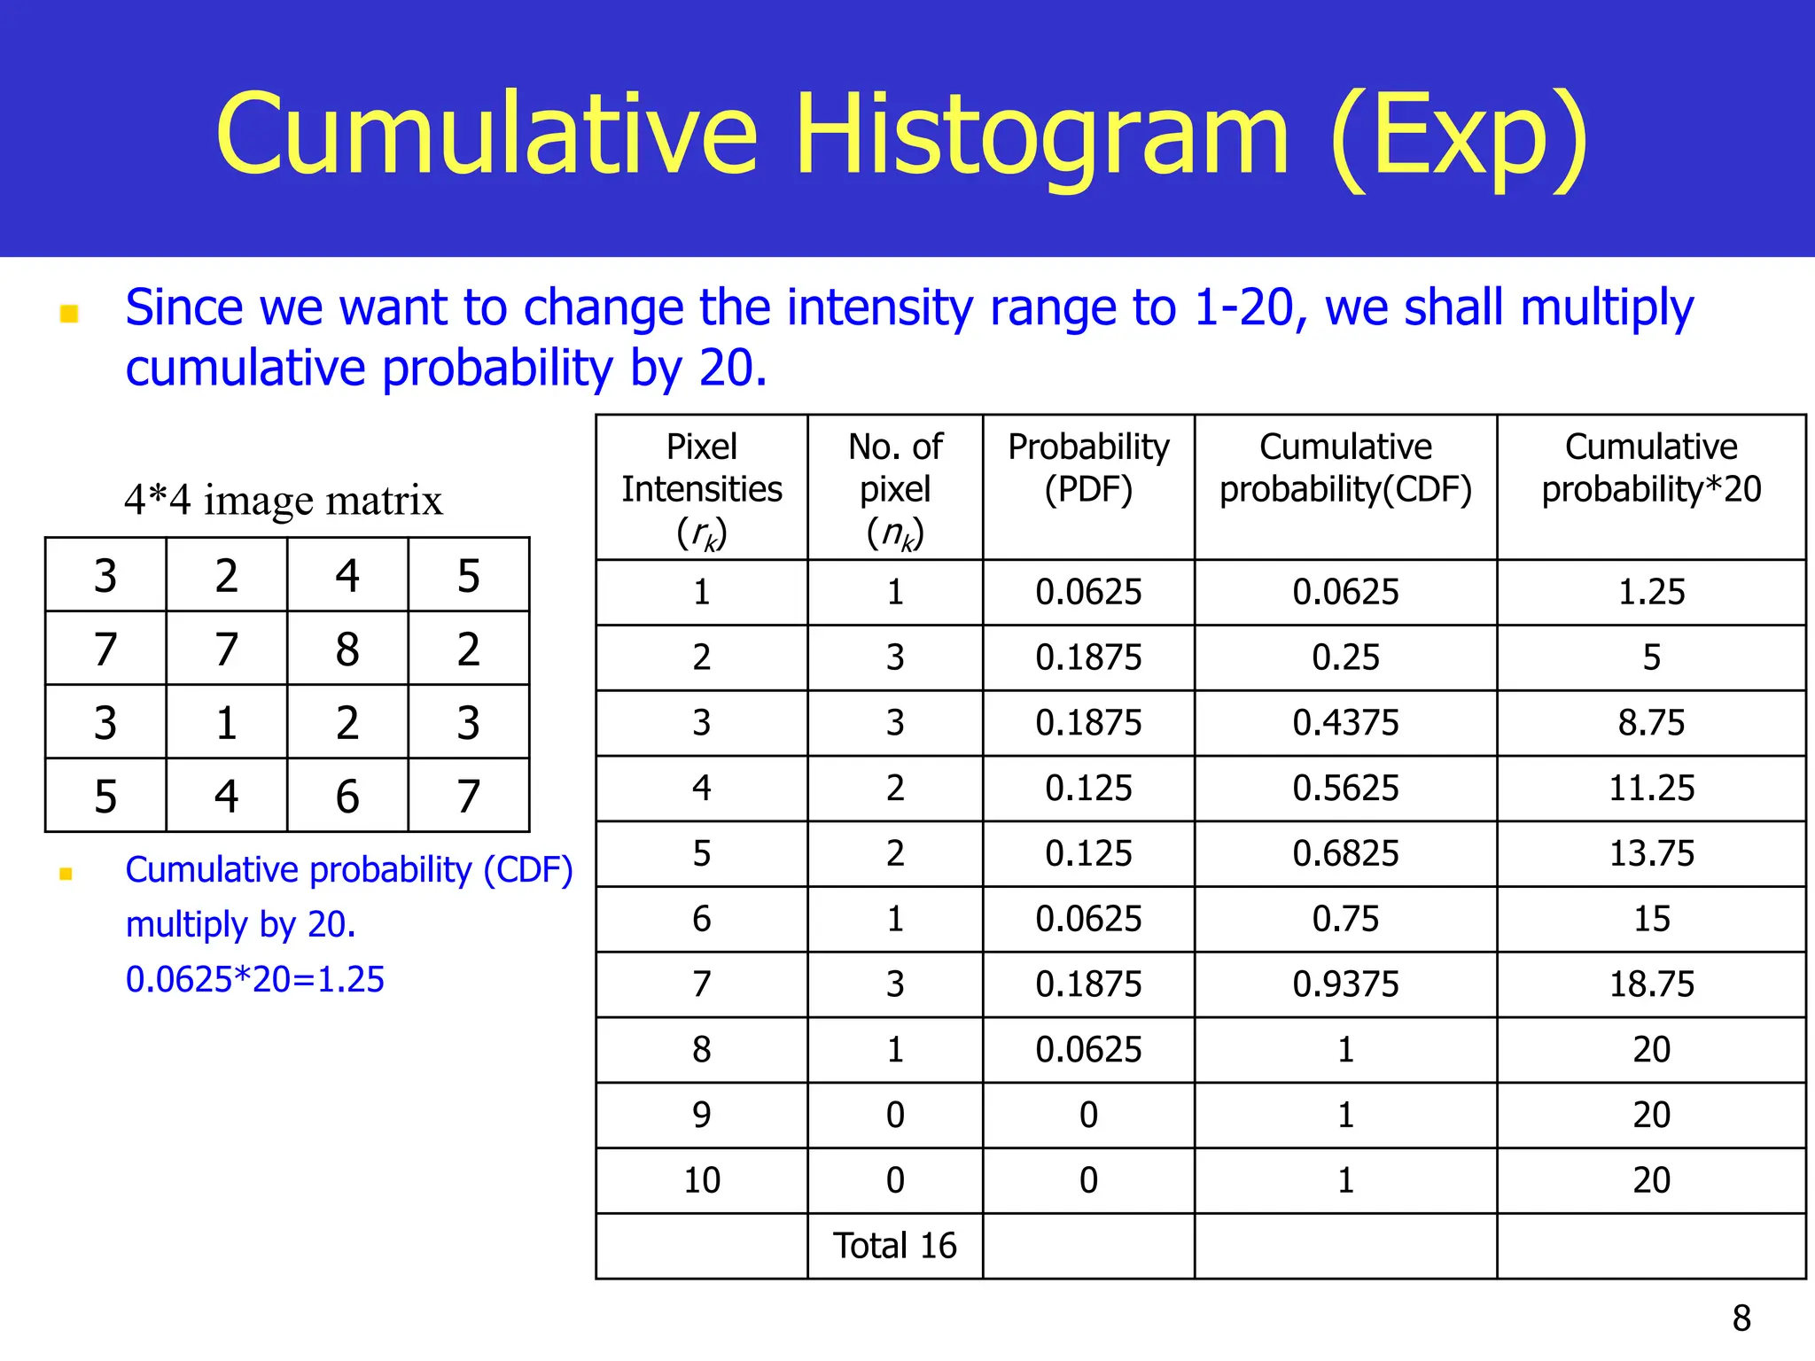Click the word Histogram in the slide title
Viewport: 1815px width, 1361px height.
pos(1041,135)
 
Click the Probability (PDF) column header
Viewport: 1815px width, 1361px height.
pos(1088,468)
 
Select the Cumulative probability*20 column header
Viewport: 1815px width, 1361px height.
pos(1651,468)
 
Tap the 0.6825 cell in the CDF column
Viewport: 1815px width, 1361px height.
pos(1345,853)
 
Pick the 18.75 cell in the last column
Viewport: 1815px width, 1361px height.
pos(1651,984)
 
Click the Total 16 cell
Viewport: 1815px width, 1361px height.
pos(895,1246)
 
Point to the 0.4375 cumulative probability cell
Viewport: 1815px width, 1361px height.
pos(1345,723)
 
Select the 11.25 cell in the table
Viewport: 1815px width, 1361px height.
pos(1651,788)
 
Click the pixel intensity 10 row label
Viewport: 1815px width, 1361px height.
pos(702,1180)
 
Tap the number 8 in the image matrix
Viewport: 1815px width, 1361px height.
pos(347,649)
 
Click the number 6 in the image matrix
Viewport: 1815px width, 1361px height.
pos(347,797)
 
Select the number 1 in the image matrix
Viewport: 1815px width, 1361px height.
pos(227,723)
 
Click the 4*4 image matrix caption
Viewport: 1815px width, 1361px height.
pos(284,500)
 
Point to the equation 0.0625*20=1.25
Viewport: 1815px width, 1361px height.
pos(255,979)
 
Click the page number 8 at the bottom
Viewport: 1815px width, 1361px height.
pos(1741,1318)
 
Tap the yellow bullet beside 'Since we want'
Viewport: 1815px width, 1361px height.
pos(69,314)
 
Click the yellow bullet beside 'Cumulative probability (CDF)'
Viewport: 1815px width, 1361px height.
pos(66,874)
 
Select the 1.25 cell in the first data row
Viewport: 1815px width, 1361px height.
pos(1651,592)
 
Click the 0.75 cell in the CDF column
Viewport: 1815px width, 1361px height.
pos(1345,919)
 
